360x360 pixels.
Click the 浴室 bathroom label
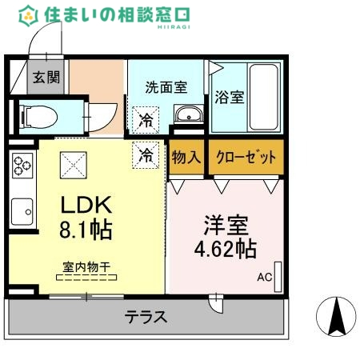[x=230, y=98]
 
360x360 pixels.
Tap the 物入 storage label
[x=186, y=156]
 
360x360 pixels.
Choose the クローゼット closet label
[x=246, y=156]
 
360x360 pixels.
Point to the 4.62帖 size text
[x=226, y=248]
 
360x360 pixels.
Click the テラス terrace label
[x=146, y=317]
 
